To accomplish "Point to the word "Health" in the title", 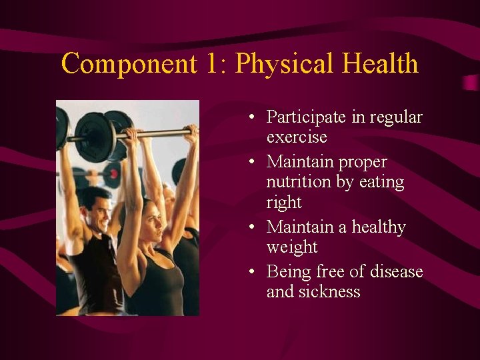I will pyautogui.click(x=380, y=64).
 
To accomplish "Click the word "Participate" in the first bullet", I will pyautogui.click(x=307, y=117).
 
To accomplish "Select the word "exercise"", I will pyautogui.click(x=297, y=137).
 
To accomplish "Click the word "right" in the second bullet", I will pyautogui.click(x=284, y=203).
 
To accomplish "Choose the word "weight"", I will pyautogui.click(x=292, y=247).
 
